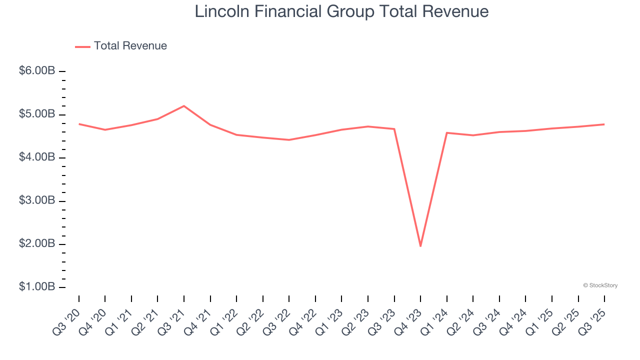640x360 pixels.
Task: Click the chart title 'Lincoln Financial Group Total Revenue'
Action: (341, 11)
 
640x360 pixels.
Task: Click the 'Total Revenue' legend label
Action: (130, 46)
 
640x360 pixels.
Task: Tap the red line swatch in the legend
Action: (82, 46)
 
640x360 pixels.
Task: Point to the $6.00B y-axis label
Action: (37, 71)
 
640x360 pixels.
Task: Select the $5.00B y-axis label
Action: (37, 114)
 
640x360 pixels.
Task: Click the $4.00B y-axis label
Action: (37, 157)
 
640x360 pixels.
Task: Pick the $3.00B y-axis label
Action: (37, 200)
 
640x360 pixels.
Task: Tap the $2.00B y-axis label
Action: (37, 244)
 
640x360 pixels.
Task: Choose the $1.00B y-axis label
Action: (37, 287)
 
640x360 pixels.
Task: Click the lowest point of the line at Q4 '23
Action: (420, 246)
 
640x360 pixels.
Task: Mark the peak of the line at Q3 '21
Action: (184, 106)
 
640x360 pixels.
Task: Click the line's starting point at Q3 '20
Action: (79, 123)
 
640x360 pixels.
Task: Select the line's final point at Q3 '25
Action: (604, 124)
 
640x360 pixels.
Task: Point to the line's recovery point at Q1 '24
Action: (446, 132)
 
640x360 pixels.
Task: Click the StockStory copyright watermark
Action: (600, 285)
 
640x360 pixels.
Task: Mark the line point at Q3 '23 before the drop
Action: (394, 129)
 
